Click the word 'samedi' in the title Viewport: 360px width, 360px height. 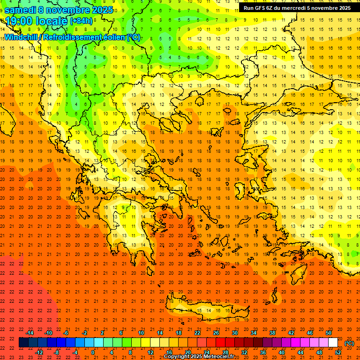20,10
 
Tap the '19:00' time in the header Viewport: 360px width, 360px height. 19,21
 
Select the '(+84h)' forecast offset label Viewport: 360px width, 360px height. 81,21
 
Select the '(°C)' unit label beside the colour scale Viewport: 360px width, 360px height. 349,343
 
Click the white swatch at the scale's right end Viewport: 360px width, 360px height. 333,343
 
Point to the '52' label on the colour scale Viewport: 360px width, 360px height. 338,352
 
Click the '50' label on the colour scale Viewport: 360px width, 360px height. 329,333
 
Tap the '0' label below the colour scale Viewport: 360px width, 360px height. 93,352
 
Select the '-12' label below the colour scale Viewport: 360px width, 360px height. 39,352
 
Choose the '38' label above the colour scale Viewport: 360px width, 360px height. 272,333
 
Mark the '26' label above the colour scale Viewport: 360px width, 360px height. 216,333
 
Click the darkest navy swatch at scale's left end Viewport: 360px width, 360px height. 23,343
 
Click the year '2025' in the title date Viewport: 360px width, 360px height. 101,10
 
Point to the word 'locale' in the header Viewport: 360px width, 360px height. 49,21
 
